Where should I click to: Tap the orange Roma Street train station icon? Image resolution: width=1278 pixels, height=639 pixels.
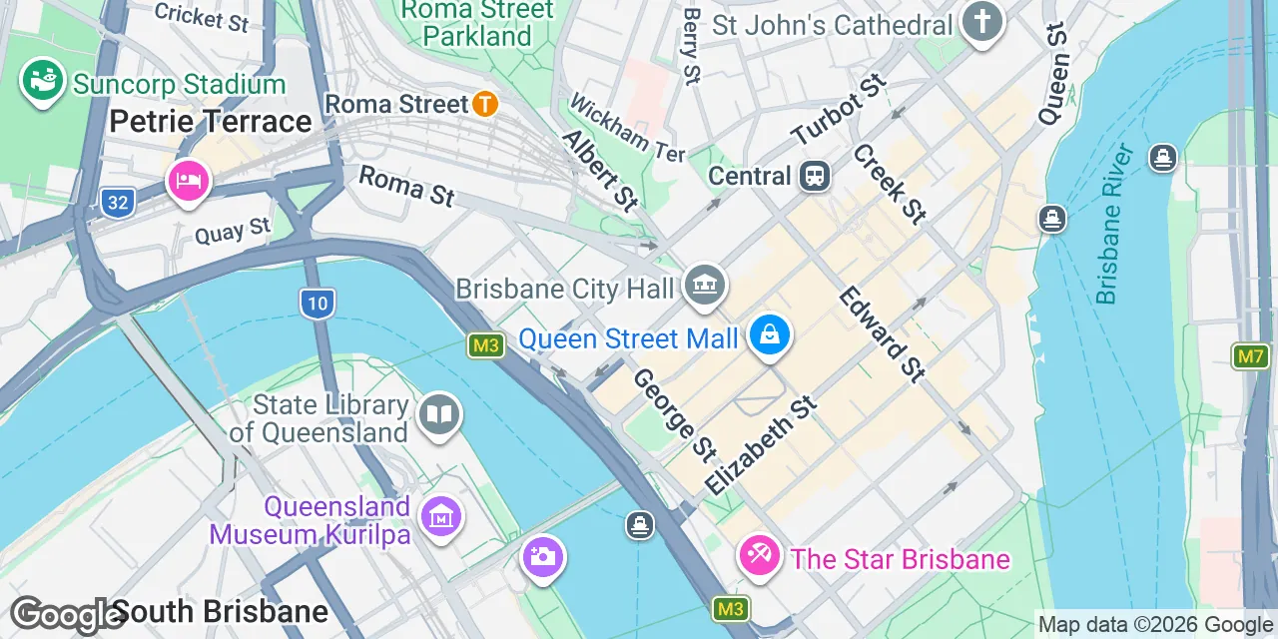(485, 103)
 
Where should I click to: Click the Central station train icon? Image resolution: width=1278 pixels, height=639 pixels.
(816, 177)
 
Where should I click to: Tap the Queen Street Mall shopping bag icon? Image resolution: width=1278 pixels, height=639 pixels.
(770, 334)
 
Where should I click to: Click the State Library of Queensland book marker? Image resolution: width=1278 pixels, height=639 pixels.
(438, 413)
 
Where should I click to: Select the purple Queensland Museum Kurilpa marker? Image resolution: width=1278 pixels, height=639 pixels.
(439, 516)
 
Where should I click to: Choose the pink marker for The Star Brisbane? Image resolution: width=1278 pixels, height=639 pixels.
(760, 554)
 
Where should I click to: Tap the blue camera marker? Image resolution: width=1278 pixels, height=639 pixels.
(543, 557)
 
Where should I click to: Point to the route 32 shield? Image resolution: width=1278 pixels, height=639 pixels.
(118, 203)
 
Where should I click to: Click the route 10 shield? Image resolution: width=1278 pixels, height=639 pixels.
(317, 303)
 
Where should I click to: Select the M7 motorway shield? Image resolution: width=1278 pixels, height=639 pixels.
(1250, 356)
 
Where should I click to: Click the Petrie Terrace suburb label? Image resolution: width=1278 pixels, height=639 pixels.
(211, 122)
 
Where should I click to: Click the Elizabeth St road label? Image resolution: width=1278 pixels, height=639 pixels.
(761, 444)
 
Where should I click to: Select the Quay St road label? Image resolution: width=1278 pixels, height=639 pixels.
(233, 231)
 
